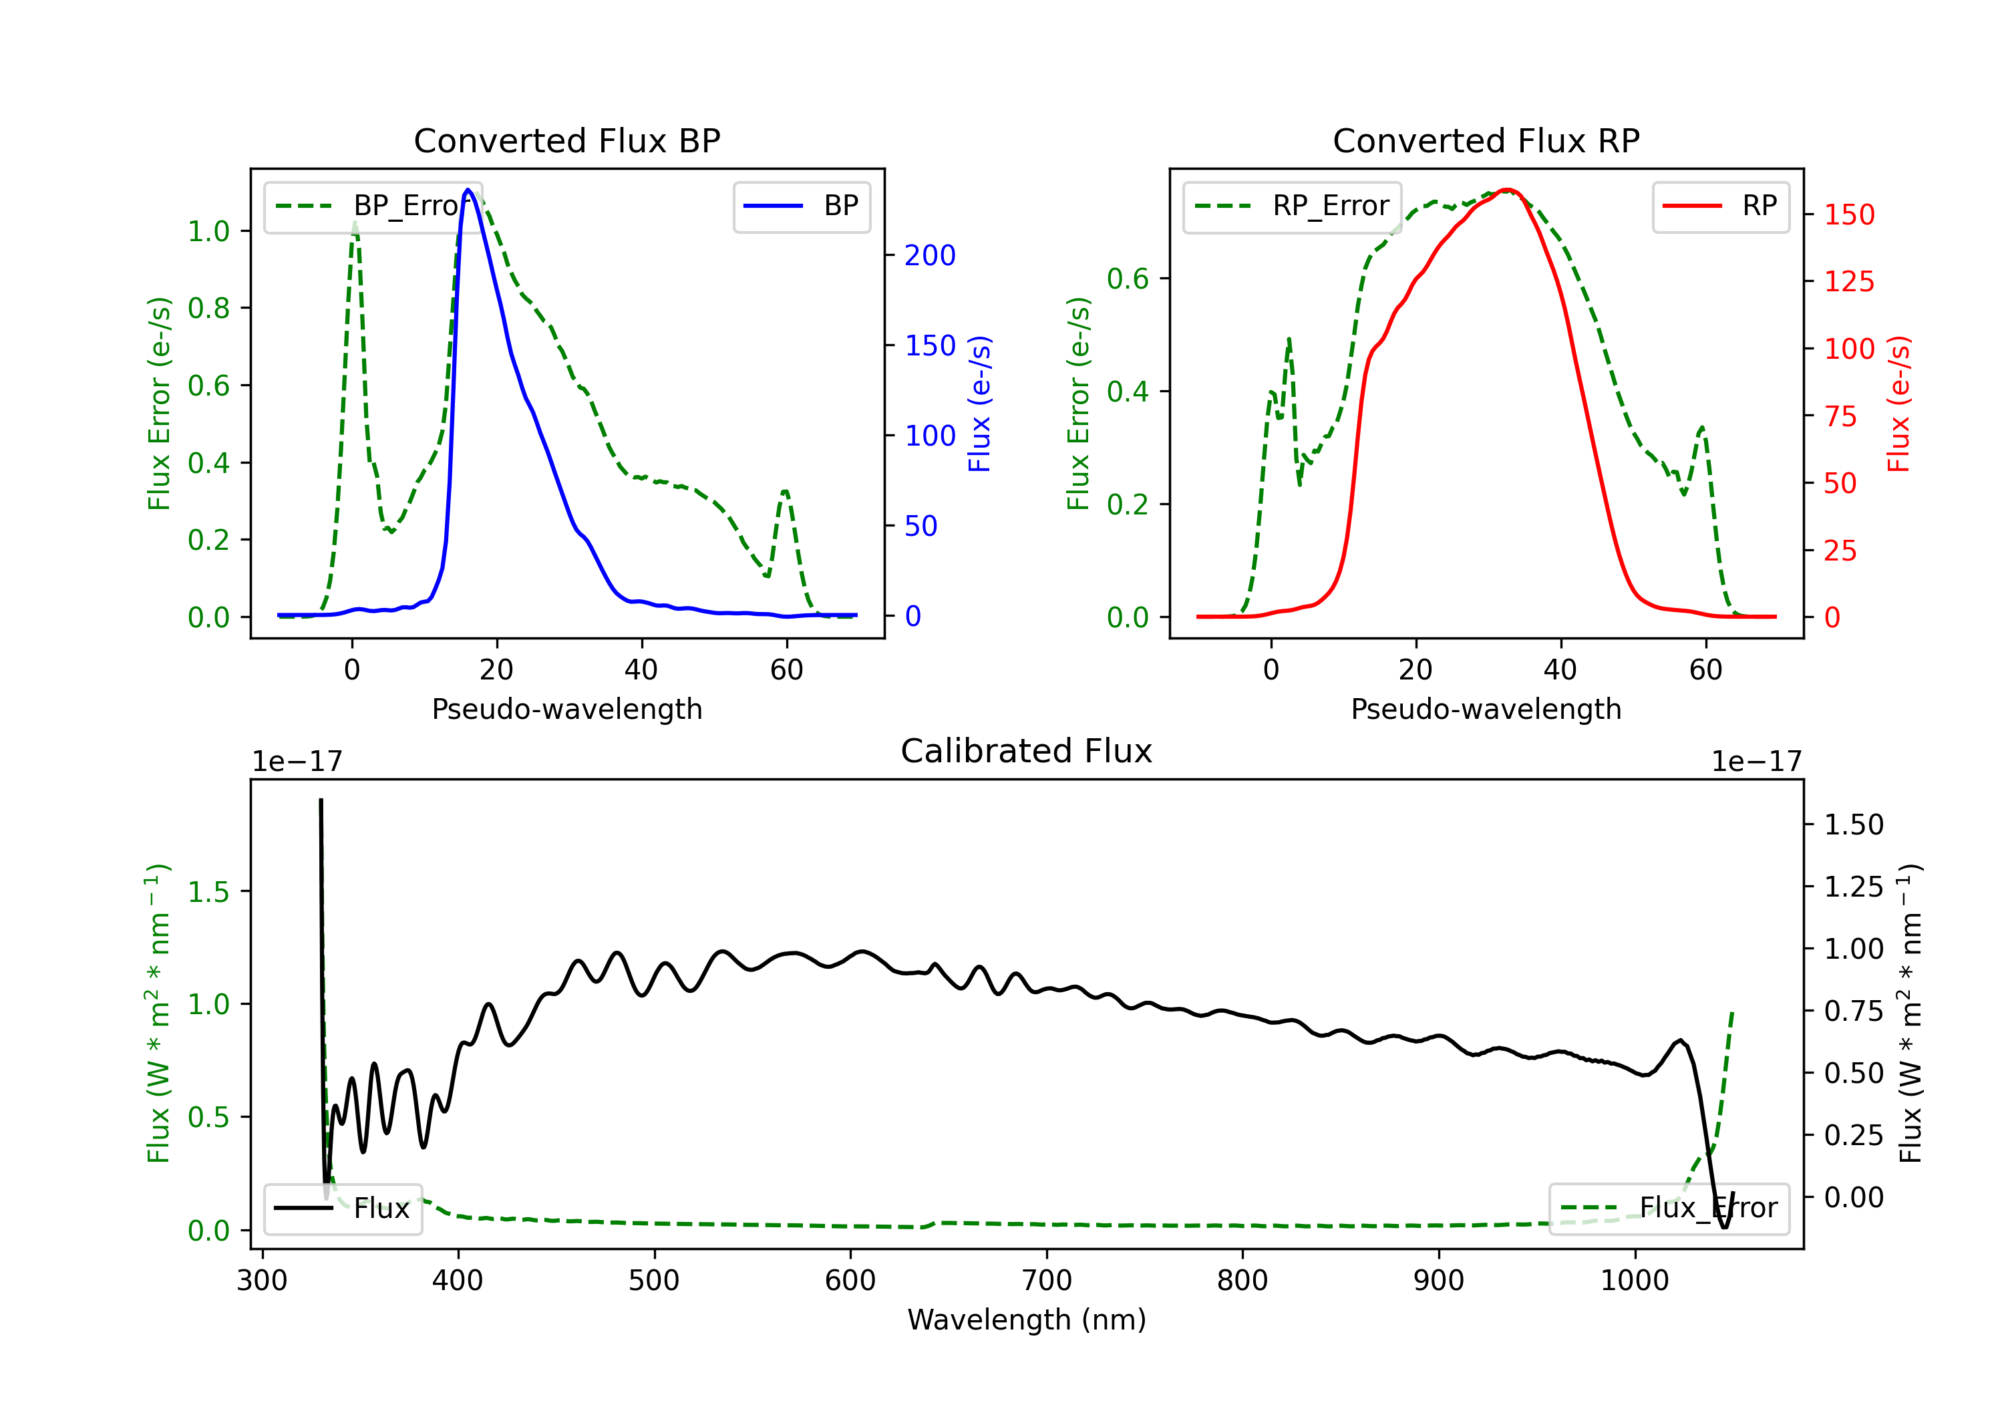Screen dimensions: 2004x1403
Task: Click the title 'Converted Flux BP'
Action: (566, 140)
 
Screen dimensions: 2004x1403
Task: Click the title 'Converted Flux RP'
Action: (1486, 140)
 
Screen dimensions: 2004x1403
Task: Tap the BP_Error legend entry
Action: (373, 206)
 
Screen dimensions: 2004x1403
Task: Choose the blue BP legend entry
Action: (801, 206)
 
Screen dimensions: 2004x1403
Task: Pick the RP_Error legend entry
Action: (1292, 206)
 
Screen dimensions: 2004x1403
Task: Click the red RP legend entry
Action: (1720, 206)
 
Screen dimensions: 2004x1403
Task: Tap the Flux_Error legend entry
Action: (1669, 1209)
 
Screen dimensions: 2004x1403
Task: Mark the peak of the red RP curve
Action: (1508, 190)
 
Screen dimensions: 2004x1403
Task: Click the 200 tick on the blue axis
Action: (930, 255)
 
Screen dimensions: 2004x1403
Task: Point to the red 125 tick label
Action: (1848, 281)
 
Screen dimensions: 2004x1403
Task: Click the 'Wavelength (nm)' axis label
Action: (1027, 1319)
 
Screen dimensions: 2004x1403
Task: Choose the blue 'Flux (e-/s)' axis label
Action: (979, 404)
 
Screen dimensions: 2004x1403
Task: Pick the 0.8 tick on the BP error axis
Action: (208, 308)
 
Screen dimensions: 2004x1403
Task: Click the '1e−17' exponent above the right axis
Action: (1756, 762)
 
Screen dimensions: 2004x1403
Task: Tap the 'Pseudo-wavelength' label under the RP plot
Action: (1486, 709)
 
